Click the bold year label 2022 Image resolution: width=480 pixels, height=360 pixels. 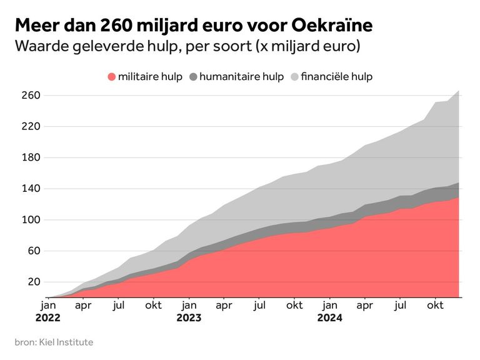[x=48, y=317]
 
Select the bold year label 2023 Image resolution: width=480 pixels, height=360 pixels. [x=189, y=317]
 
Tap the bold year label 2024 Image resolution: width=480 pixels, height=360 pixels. [x=329, y=317]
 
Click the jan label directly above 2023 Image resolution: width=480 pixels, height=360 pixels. [x=189, y=306]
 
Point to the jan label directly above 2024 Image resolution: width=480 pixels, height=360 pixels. [x=329, y=306]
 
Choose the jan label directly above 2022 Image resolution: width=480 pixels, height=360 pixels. [x=48, y=306]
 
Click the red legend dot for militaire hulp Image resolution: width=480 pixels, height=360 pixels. [x=112, y=77]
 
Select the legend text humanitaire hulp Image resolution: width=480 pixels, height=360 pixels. [x=241, y=77]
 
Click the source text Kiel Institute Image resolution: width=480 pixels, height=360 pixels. [x=66, y=342]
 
